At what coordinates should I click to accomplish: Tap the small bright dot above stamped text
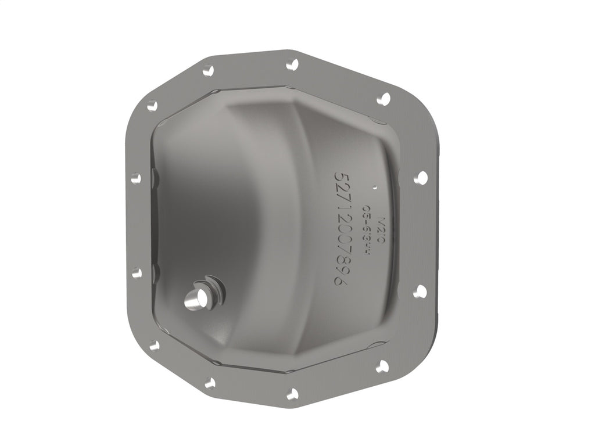pos(375,188)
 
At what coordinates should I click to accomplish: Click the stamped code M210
pos(381,226)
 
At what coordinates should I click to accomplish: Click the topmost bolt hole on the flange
pos(292,64)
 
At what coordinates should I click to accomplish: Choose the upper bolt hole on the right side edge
pos(421,177)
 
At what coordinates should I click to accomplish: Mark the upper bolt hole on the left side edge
pos(136,178)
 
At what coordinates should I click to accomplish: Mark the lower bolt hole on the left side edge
pos(137,272)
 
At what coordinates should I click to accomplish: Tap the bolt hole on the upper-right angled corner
pos(383,99)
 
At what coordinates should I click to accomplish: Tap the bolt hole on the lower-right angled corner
pos(382,366)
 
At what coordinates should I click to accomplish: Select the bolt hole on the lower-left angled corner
pos(154,345)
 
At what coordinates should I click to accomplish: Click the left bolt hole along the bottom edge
pos(210,382)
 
